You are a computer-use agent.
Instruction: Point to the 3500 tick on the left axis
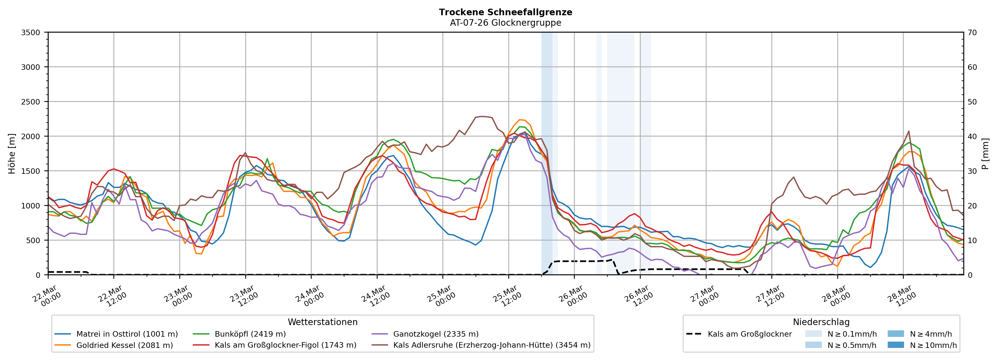[31, 33]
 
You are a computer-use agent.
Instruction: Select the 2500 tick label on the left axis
[31, 102]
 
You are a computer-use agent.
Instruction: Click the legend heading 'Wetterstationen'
[322, 322]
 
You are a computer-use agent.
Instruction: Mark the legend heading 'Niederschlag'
[821, 322]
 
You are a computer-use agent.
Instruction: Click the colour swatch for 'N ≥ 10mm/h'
[896, 345]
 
